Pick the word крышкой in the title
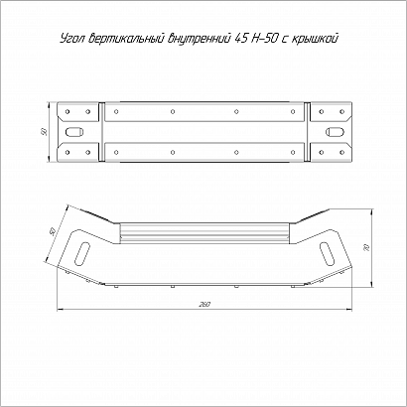coord(315,39)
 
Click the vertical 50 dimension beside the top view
coord(44,132)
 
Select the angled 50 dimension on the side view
coord(53,231)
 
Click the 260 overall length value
coord(204,305)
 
